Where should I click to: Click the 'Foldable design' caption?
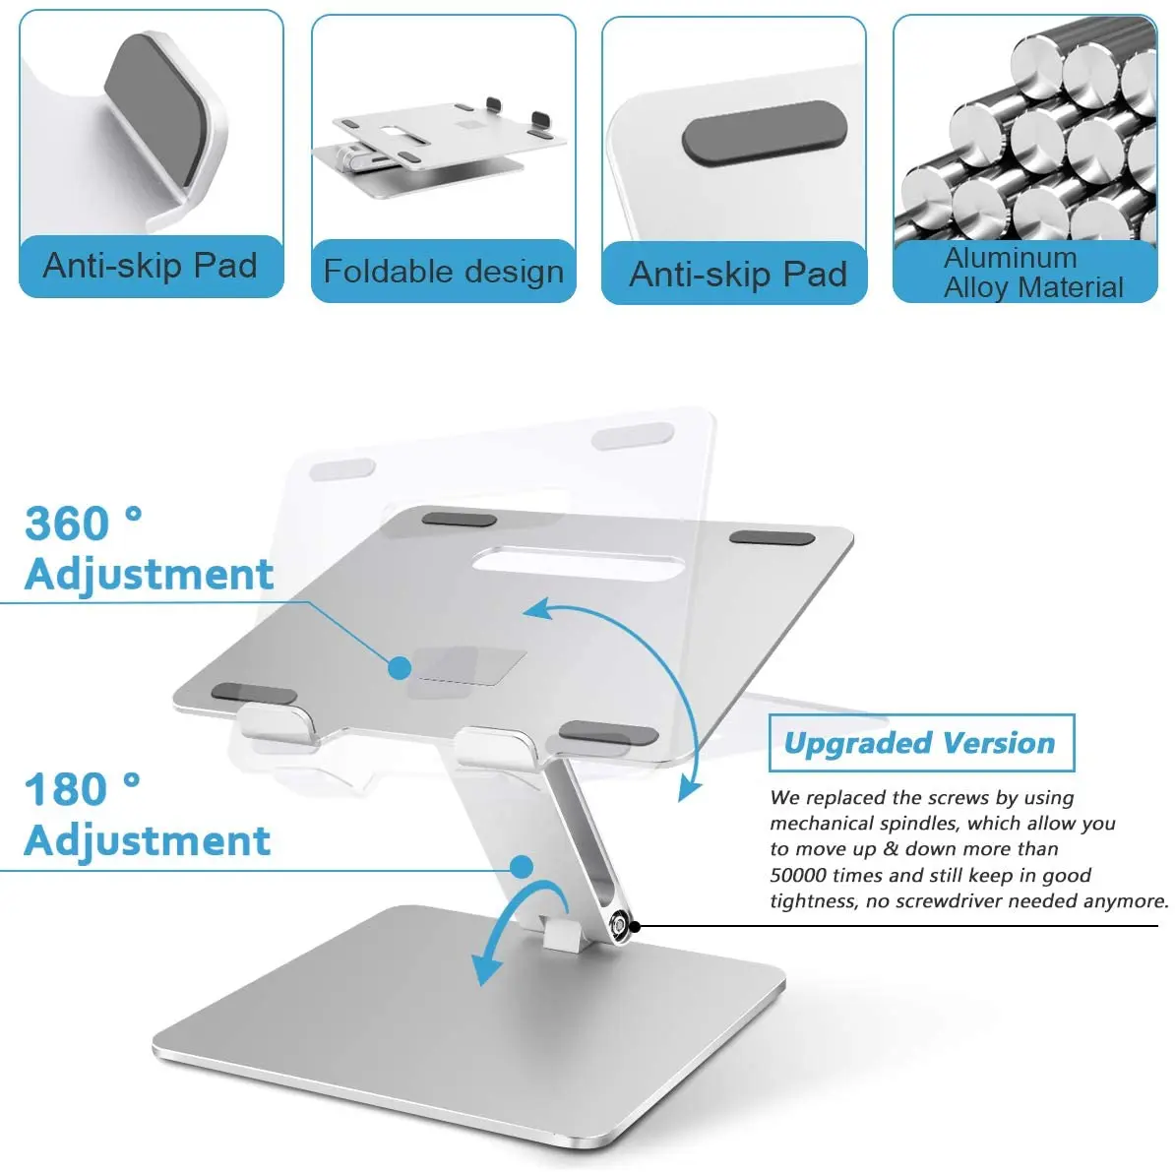click(x=443, y=271)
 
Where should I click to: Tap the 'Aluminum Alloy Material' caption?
click(x=1032, y=273)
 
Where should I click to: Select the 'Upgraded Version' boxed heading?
click(x=919, y=743)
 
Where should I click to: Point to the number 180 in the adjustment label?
click(x=67, y=789)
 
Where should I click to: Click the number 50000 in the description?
click(x=798, y=876)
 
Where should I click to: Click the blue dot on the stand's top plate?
click(x=400, y=668)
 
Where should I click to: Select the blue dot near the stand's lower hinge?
click(x=522, y=867)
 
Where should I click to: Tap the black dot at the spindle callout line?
click(x=635, y=926)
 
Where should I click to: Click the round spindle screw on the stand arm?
click(x=619, y=925)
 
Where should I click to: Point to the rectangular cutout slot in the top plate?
click(x=577, y=563)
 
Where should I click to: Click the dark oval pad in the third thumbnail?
click(x=764, y=132)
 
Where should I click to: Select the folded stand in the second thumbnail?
click(x=439, y=148)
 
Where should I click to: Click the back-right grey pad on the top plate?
click(x=773, y=538)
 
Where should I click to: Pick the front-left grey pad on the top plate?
click(x=254, y=694)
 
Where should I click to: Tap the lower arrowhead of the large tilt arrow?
click(x=690, y=788)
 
